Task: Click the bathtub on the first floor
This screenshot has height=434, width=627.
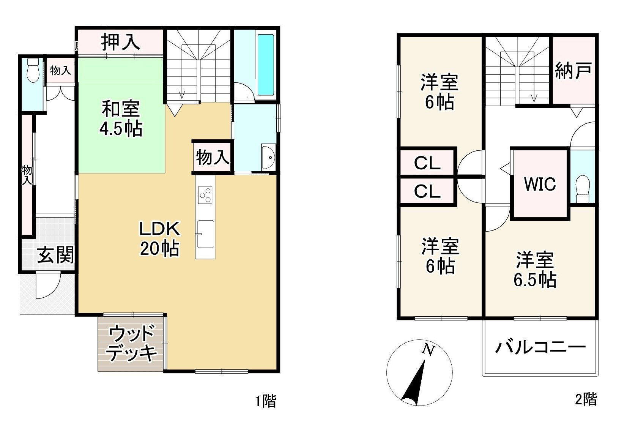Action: click(x=265, y=65)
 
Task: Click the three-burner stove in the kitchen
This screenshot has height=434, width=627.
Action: click(x=205, y=195)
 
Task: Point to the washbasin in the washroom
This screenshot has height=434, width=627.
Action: click(x=269, y=157)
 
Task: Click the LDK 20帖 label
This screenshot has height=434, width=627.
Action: click(x=159, y=239)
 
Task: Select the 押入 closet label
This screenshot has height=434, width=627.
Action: click(x=120, y=42)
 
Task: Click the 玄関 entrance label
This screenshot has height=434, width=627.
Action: click(x=55, y=255)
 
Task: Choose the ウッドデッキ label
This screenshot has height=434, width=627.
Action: click(x=131, y=344)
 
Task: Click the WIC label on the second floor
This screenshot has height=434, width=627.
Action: click(x=540, y=184)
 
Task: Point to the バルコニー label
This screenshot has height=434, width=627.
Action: click(x=540, y=347)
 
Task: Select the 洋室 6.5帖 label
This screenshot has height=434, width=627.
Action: click(x=535, y=270)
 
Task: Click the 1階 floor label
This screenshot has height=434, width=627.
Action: click(x=266, y=401)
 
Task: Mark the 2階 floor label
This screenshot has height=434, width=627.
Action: click(x=586, y=399)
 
